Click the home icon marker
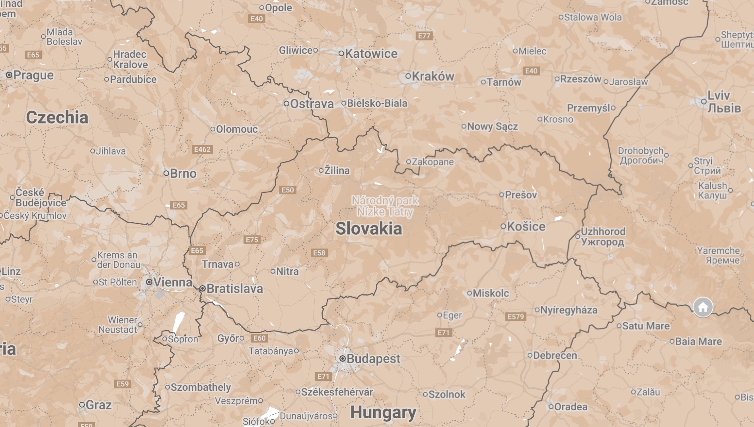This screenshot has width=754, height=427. (703, 307)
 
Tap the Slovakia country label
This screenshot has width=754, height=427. (368, 229)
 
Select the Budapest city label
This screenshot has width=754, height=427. (373, 358)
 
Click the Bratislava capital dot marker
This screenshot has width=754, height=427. (202, 288)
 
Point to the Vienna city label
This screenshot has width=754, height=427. (173, 282)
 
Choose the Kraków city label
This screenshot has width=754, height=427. (433, 76)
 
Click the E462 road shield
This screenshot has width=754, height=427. (202, 149)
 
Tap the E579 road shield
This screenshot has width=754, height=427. (516, 316)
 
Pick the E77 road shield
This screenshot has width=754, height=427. (424, 36)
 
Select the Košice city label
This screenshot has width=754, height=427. (526, 226)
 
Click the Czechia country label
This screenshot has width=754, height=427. (57, 118)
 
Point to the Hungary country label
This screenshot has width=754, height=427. (383, 412)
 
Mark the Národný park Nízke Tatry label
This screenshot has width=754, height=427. (385, 206)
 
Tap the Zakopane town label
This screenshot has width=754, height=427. (433, 162)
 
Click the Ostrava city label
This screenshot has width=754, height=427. (312, 104)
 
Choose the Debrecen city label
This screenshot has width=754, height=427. (555, 355)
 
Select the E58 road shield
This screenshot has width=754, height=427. (319, 253)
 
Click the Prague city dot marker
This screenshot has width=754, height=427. (9, 75)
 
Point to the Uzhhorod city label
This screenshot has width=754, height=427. (603, 237)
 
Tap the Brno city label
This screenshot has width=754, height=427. (183, 173)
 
